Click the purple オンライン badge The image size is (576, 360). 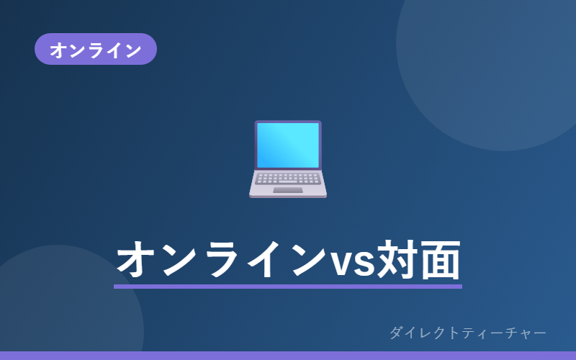click(x=96, y=49)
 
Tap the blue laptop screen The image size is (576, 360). click(x=288, y=145)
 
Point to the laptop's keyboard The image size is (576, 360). click(x=288, y=179)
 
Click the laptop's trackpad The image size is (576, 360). click(x=288, y=190)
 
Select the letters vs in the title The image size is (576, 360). click(x=353, y=262)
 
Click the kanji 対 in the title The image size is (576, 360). click(x=398, y=259)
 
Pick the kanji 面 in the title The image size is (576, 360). click(x=440, y=260)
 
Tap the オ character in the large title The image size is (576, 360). click(x=135, y=260)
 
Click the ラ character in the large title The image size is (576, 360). click(x=225, y=260)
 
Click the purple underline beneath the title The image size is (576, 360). click(x=288, y=287)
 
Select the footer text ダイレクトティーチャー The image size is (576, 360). click(x=467, y=333)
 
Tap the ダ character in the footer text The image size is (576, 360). click(x=396, y=333)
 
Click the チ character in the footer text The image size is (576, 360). click(x=511, y=333)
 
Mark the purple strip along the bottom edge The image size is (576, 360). click(x=288, y=356)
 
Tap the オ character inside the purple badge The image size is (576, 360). click(x=58, y=50)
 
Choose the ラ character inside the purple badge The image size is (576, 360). click(x=96, y=50)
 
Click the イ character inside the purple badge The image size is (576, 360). click(x=114, y=50)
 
